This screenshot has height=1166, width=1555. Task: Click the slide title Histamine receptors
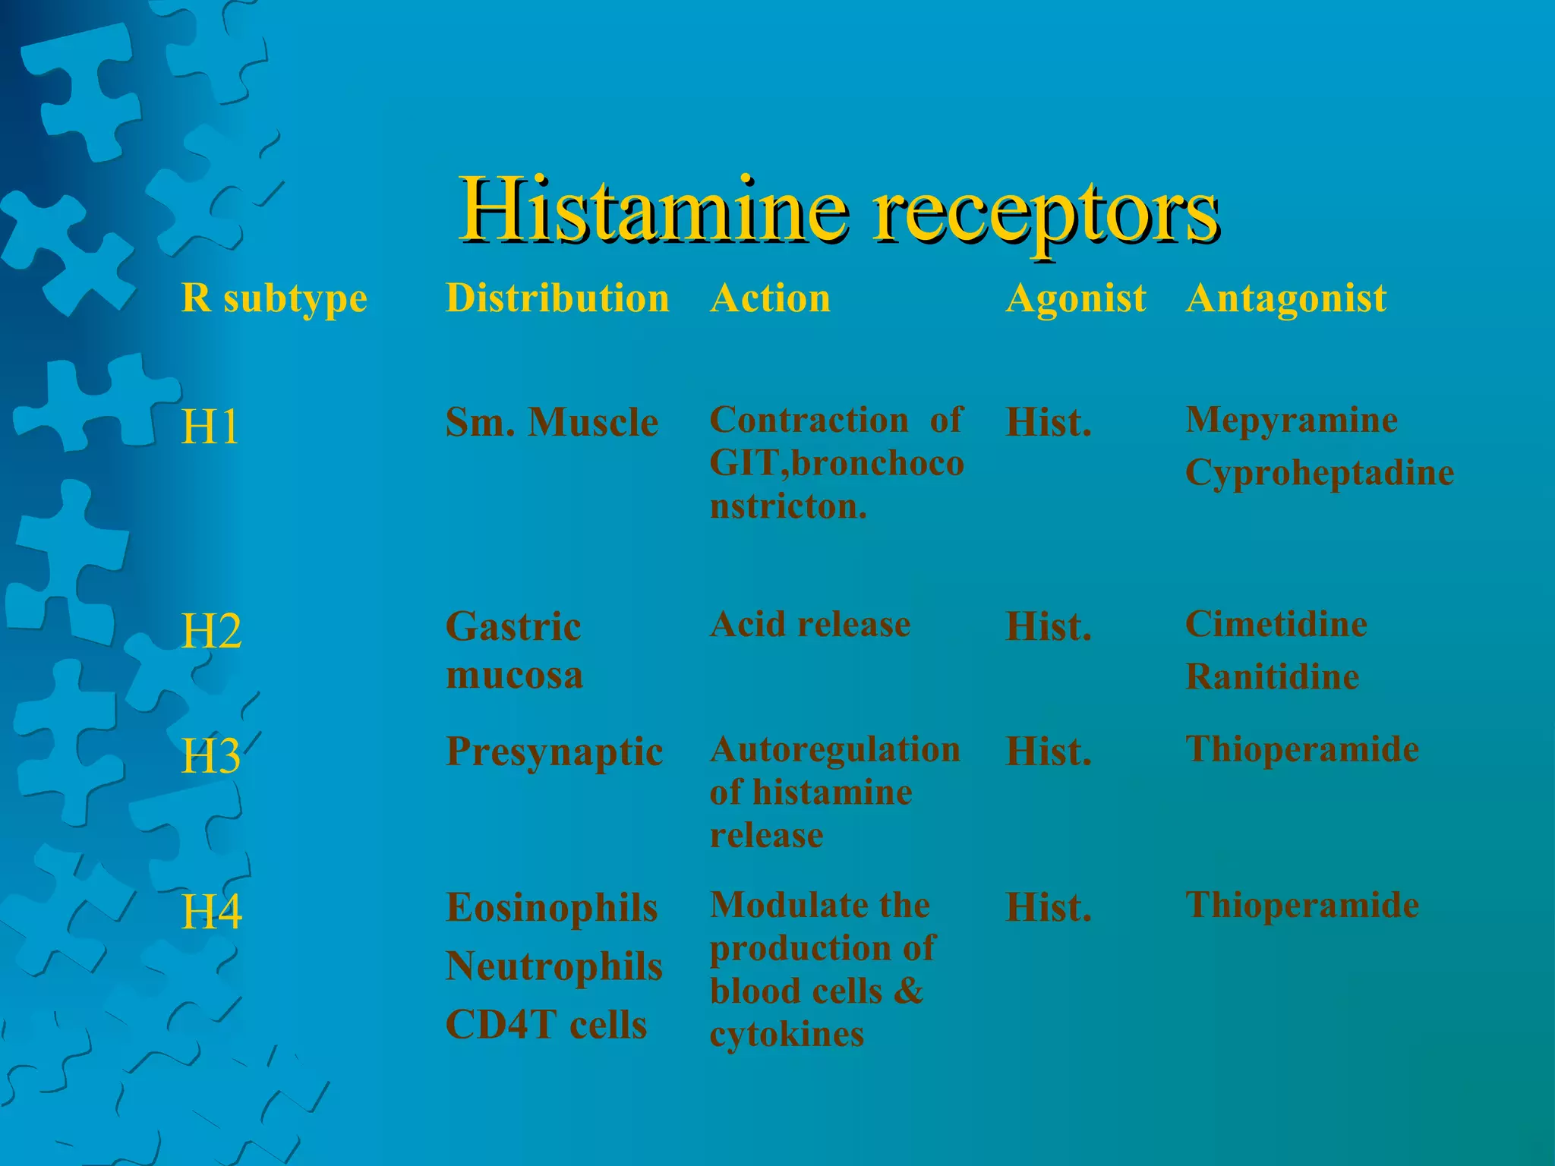point(839,210)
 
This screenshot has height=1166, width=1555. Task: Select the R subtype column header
point(274,298)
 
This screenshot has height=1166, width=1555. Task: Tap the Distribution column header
point(557,298)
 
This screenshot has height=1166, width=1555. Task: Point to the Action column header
point(770,298)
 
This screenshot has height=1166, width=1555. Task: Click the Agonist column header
point(1075,298)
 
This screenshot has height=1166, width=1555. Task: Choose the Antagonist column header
point(1286,298)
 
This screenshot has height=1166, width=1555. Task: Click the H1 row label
point(210,427)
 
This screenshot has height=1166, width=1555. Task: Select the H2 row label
point(211,631)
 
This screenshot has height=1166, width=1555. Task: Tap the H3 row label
point(211,756)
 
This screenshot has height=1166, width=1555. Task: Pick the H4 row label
point(211,912)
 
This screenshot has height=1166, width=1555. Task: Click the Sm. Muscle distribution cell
point(551,423)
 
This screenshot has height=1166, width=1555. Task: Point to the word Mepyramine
point(1292,420)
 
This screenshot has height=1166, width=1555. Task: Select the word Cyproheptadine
point(1320,473)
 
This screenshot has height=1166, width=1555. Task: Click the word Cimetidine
point(1276,625)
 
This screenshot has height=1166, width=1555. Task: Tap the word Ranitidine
point(1273,677)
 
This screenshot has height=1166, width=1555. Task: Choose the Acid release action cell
point(810,625)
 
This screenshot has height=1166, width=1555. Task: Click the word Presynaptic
point(554,752)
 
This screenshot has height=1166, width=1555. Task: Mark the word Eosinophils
point(551,908)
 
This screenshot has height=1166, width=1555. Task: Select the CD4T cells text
point(546,1026)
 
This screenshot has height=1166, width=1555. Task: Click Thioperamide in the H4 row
point(1302,906)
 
